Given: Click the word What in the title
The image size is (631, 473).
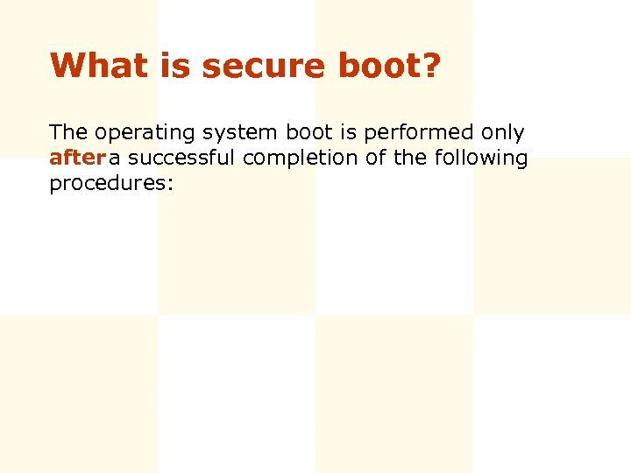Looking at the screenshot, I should pyautogui.click(x=89, y=65).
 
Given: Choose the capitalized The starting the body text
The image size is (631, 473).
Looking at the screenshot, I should pyautogui.click(x=68, y=133).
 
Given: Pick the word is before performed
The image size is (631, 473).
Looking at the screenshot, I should pyautogui.click(x=348, y=133).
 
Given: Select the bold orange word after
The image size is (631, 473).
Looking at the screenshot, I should pyautogui.click(x=77, y=159).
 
